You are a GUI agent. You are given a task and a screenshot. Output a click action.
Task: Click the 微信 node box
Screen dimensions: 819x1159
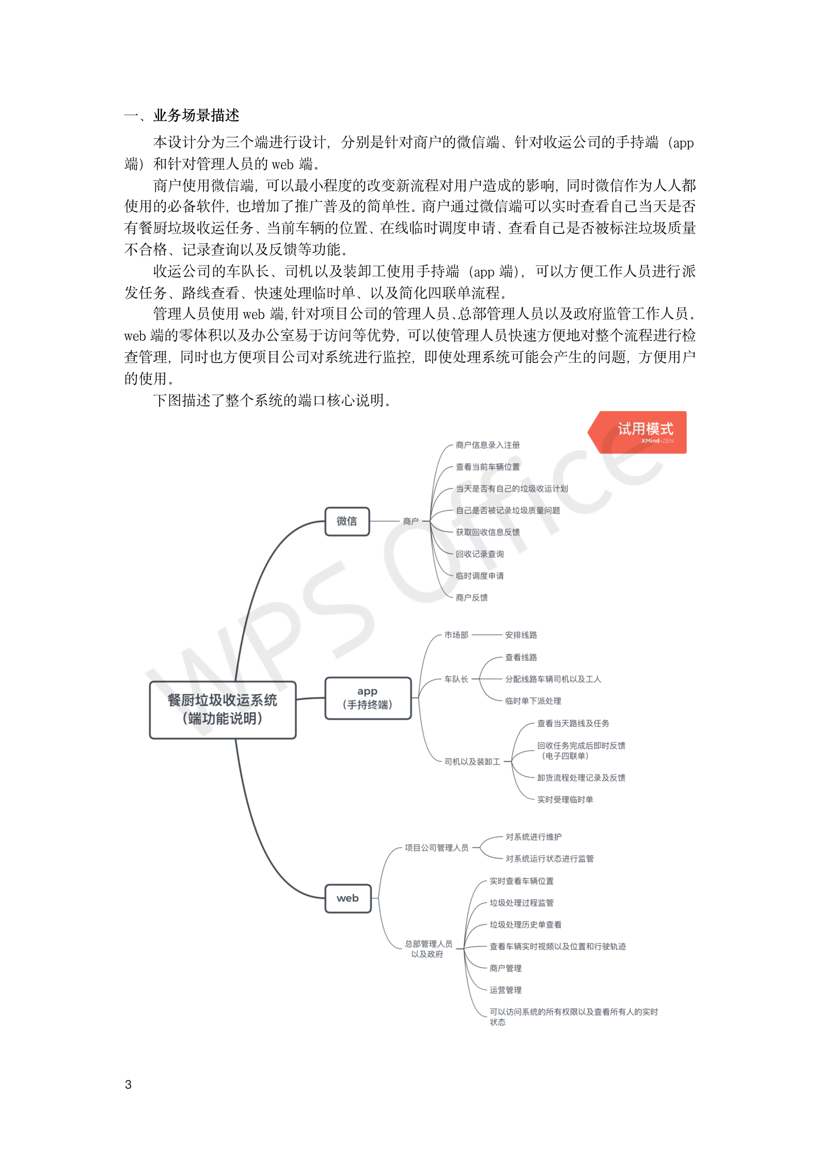pyautogui.click(x=347, y=521)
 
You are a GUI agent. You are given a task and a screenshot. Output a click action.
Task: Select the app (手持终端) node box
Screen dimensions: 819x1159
pyautogui.click(x=368, y=698)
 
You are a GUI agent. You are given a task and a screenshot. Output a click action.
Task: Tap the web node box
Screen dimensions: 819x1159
pyautogui.click(x=348, y=898)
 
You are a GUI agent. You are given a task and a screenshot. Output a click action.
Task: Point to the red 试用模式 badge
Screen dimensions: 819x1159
pyautogui.click(x=640, y=432)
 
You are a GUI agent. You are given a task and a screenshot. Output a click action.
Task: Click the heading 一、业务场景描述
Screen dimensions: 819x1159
pyautogui.click(x=182, y=115)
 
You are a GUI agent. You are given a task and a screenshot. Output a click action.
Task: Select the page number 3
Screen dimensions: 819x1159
pyautogui.click(x=129, y=1084)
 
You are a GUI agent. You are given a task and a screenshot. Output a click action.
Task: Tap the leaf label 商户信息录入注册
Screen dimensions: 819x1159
pyautogui.click(x=487, y=445)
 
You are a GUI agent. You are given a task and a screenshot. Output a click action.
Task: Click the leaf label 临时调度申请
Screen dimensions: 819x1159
pyautogui.click(x=479, y=575)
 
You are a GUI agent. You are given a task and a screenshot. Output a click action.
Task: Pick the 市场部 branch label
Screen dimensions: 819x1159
pyautogui.click(x=456, y=635)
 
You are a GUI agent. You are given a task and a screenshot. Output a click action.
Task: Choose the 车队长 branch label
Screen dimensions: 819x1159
pyautogui.click(x=456, y=679)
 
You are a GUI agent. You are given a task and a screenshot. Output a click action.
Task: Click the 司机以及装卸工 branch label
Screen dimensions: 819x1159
pyautogui.click(x=472, y=761)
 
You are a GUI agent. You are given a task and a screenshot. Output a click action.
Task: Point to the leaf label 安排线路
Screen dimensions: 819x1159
pyautogui.click(x=521, y=635)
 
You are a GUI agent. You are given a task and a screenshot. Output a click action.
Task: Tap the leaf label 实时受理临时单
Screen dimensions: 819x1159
pyautogui.click(x=565, y=799)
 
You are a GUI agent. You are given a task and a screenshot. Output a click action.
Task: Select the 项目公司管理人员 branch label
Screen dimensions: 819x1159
pyautogui.click(x=436, y=848)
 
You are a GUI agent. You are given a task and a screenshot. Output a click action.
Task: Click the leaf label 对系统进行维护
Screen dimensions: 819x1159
pyautogui.click(x=533, y=837)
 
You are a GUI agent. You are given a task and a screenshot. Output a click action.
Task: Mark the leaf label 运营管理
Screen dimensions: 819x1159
pyautogui.click(x=505, y=990)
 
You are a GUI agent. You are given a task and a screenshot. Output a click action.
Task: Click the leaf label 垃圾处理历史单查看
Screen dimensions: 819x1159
pyautogui.click(x=525, y=925)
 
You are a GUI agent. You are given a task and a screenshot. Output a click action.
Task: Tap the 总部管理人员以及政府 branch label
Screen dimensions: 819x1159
pyautogui.click(x=428, y=949)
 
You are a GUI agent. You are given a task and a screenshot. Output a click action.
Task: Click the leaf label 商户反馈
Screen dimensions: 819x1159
pyautogui.click(x=471, y=598)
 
